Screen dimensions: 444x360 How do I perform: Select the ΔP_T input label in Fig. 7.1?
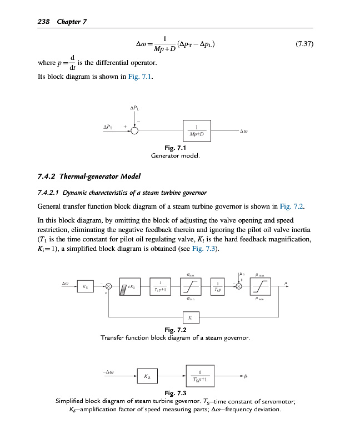pyautogui.click(x=109, y=127)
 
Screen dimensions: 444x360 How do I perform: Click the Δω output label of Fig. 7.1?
pyautogui.click(x=243, y=132)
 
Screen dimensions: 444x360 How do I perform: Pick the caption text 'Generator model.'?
pyautogui.click(x=175, y=155)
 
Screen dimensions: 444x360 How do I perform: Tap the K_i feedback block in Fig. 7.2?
pyautogui.click(x=191, y=318)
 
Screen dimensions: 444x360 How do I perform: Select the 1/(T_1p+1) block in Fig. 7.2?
pyautogui.click(x=159, y=286)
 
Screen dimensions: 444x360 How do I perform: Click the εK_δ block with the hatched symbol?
pyautogui.click(x=130, y=286)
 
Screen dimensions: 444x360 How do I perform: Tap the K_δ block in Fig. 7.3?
pyautogui.click(x=146, y=376)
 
